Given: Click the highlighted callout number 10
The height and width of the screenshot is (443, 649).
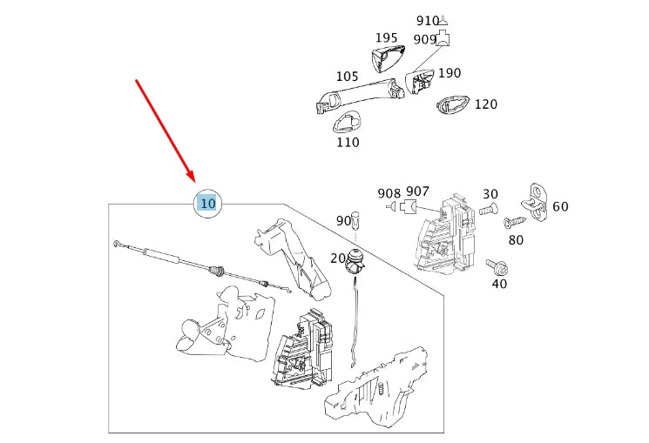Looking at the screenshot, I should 207,204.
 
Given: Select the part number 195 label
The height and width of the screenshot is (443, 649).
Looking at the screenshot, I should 386,38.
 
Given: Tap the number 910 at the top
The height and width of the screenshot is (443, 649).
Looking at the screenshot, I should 428,21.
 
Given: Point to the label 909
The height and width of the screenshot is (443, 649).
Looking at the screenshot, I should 424,39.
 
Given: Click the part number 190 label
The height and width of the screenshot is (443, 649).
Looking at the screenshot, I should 450,73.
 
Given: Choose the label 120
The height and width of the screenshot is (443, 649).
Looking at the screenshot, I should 485,104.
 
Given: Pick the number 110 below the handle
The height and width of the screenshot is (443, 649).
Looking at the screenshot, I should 348,142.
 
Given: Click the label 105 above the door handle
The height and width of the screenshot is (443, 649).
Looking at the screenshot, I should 347,77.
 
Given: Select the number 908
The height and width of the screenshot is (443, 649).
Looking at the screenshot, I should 389,192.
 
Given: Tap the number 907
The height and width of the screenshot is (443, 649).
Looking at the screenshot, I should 417,191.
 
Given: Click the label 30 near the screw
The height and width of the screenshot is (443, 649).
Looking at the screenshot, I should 490,194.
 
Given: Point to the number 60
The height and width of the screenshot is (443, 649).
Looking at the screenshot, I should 560,206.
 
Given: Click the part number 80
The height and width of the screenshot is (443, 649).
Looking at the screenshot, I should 516,239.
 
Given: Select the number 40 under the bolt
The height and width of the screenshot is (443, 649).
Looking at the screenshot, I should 499,284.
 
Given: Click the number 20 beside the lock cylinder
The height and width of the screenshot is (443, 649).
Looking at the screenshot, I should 338,258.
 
